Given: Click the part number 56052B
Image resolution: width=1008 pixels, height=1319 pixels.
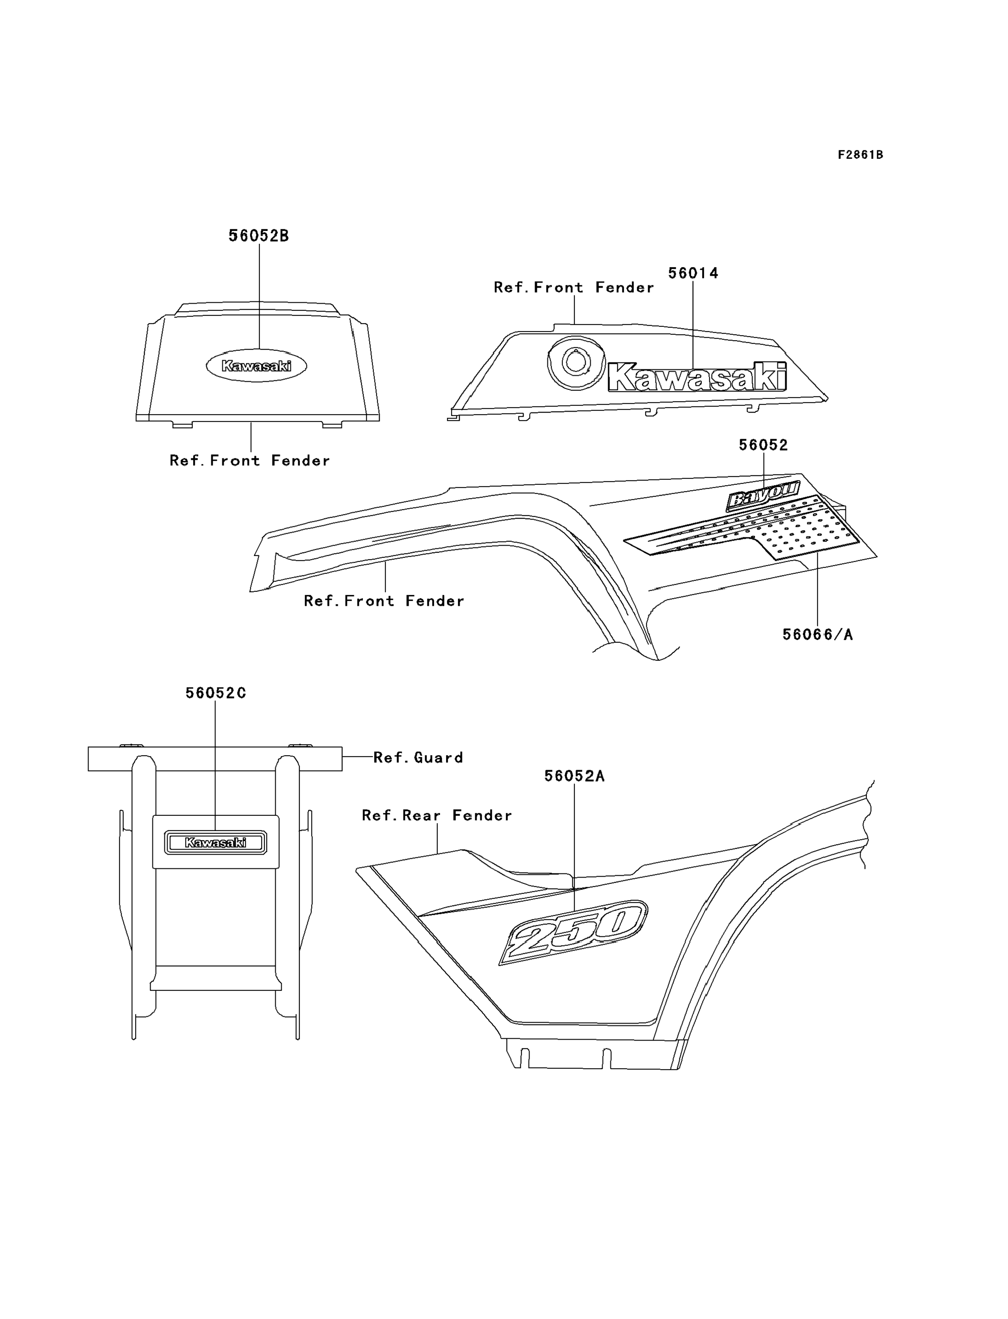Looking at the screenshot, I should (x=258, y=236).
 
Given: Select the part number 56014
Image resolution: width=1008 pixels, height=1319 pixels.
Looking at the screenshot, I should (x=693, y=273).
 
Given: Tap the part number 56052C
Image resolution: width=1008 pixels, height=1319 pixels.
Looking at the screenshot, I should (x=215, y=693).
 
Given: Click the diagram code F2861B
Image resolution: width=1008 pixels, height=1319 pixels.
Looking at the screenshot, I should (x=861, y=155).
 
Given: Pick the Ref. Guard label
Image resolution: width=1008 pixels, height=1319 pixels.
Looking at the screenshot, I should (x=418, y=757).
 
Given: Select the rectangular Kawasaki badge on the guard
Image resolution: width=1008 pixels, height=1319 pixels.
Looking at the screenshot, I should (x=215, y=842).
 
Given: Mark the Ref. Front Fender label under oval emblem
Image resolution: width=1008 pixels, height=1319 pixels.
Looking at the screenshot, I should (x=250, y=461).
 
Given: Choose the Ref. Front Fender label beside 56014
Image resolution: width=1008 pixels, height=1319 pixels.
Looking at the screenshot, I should (x=573, y=288).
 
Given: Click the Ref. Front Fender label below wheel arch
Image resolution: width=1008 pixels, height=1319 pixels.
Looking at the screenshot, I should (x=384, y=601).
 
